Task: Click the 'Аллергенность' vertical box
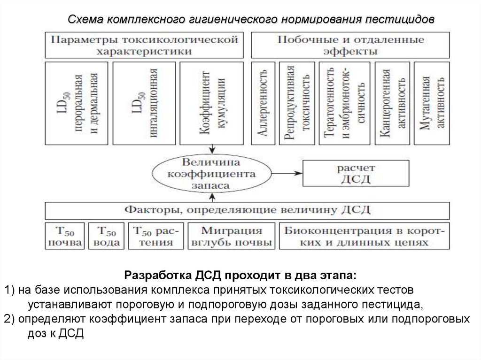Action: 264,103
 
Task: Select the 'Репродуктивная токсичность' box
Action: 297,103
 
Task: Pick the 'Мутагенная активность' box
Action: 430,103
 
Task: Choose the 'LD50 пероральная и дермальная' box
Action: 76,103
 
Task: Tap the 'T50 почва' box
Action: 65,237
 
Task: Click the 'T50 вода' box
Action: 107,237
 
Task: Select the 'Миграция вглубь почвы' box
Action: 232,237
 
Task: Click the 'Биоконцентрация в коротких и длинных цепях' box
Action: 364,237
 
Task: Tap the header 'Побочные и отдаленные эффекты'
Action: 350,45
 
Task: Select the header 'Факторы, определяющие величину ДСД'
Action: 247,209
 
